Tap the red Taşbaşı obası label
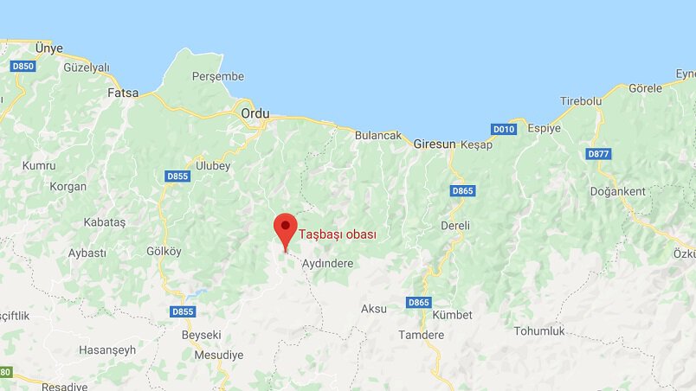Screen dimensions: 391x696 (x=337, y=234)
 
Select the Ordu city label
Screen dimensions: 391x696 (x=255, y=113)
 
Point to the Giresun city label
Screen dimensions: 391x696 (x=434, y=144)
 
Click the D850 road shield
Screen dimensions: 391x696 (x=23, y=67)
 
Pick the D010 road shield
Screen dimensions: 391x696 (x=503, y=129)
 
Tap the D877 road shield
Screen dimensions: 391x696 (x=598, y=154)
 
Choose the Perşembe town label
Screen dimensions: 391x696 (x=217, y=76)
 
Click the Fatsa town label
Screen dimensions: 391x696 (x=122, y=93)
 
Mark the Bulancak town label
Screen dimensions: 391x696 (x=379, y=135)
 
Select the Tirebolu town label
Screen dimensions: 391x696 (x=580, y=101)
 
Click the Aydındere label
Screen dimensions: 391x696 (x=327, y=263)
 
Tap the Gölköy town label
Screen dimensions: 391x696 (x=164, y=251)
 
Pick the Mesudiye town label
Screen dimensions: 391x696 (x=218, y=355)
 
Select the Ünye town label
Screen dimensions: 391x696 (x=48, y=48)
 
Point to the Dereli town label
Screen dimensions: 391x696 (x=454, y=225)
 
